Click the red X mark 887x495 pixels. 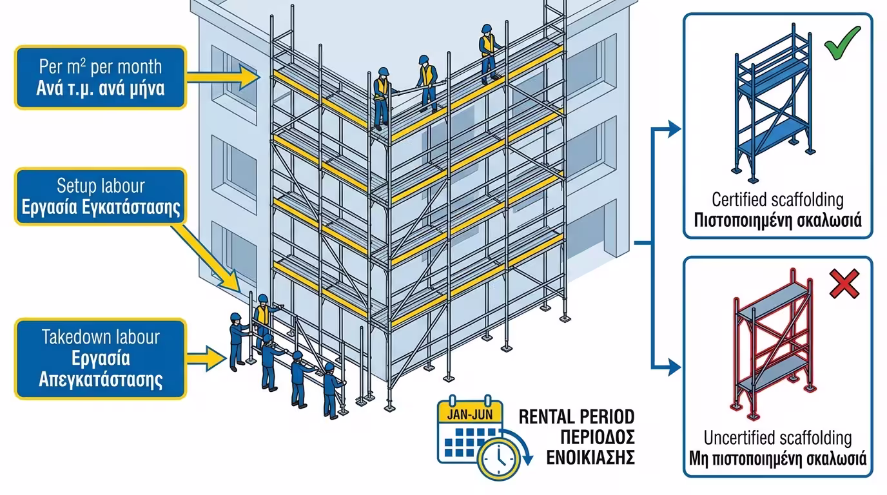(x=844, y=284)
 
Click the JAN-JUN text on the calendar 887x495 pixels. (x=469, y=412)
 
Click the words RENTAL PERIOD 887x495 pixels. (x=576, y=416)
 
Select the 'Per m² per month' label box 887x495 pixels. (x=100, y=77)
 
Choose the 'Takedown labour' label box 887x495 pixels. (x=100, y=358)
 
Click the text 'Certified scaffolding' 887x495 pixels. (x=777, y=199)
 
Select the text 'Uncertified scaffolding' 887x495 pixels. (x=777, y=439)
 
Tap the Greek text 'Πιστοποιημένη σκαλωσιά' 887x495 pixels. (x=777, y=221)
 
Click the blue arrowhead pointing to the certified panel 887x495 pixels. (x=674, y=129)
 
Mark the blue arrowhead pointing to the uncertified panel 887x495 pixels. (x=674, y=369)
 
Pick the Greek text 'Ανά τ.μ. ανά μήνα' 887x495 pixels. (x=100, y=88)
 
